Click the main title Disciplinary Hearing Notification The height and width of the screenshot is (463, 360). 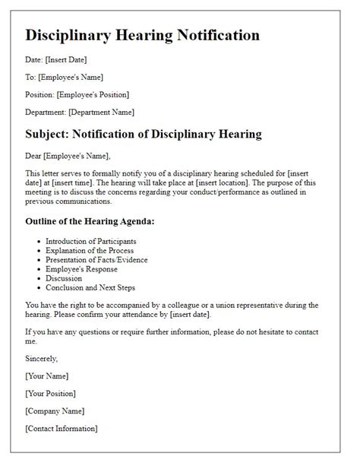click(x=142, y=35)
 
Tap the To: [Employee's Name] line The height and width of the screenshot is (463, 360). click(x=64, y=77)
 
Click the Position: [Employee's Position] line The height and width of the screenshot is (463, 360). click(x=77, y=94)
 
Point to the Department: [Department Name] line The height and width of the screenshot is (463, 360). click(x=80, y=112)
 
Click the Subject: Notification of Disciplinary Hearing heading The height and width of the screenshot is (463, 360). click(x=144, y=135)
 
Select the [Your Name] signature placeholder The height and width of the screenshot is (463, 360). click(x=46, y=376)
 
